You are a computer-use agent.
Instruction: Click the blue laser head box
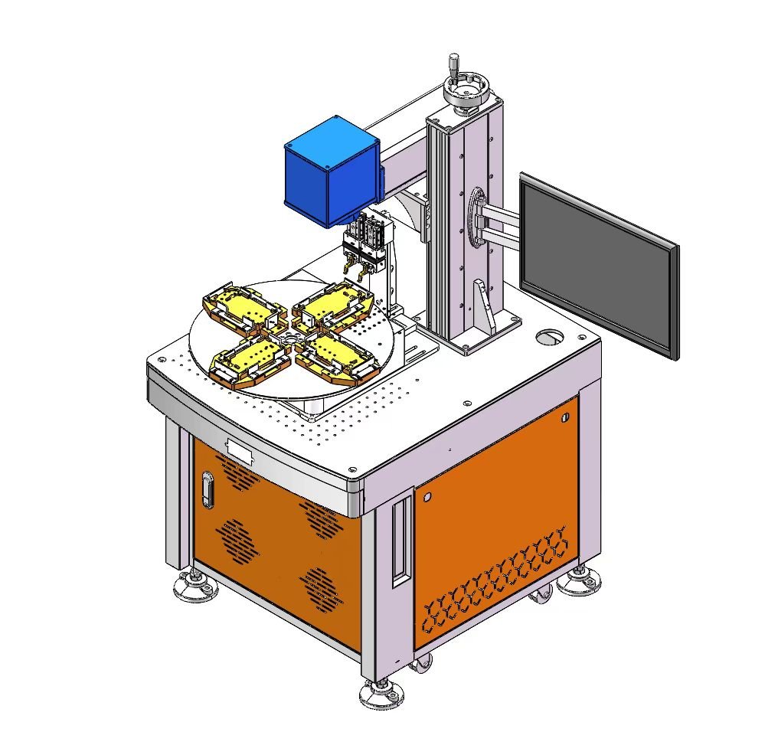pyautogui.click(x=332, y=172)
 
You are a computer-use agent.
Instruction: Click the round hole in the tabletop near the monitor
pyautogui.click(x=549, y=336)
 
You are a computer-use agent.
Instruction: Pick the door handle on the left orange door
pyautogui.click(x=207, y=489)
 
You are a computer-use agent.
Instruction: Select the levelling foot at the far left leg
pyautogui.click(x=195, y=586)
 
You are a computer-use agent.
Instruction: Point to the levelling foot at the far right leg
pyautogui.click(x=578, y=583)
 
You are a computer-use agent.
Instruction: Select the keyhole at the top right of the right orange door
pyautogui.click(x=565, y=417)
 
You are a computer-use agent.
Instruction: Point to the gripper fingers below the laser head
pyautogui.click(x=361, y=265)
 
